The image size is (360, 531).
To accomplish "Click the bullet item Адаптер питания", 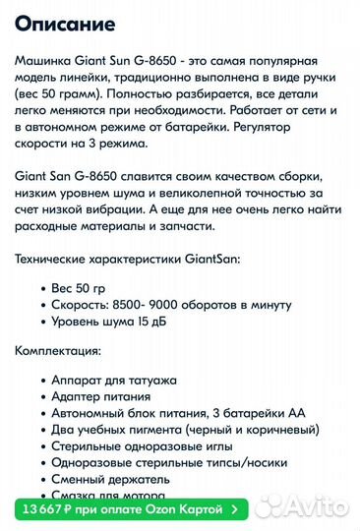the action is coord(103,397).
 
